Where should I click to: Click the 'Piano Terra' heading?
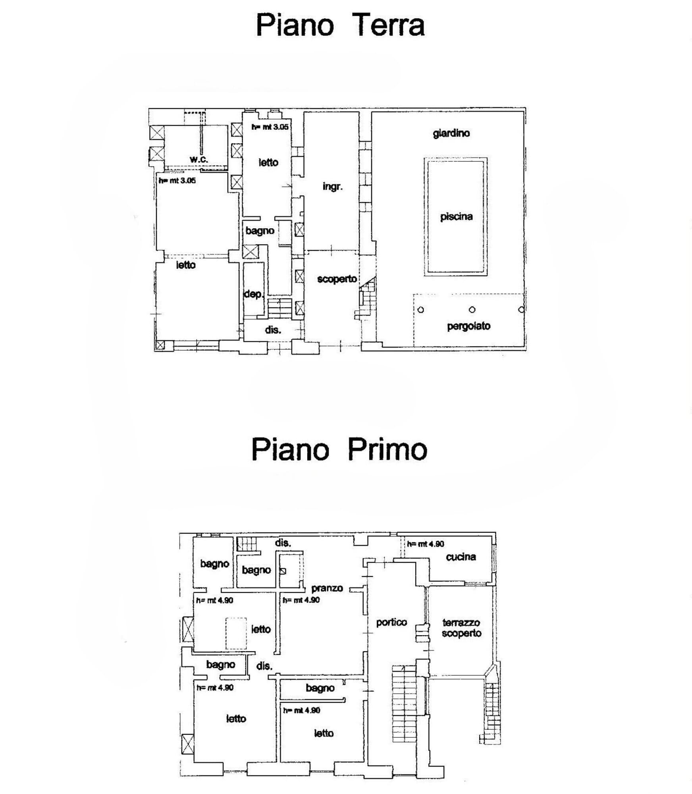(340, 25)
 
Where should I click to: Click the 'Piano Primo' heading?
(339, 449)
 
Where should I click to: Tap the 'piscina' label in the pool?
(456, 217)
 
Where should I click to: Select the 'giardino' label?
(451, 133)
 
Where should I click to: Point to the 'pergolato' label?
(468, 326)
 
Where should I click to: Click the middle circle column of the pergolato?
(472, 310)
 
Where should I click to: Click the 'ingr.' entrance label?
(332, 187)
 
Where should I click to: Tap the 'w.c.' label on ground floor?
(199, 159)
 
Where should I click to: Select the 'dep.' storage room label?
(253, 294)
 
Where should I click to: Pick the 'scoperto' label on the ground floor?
(337, 279)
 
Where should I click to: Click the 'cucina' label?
(461, 557)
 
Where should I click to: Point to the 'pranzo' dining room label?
(327, 588)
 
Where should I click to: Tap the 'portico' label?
(391, 622)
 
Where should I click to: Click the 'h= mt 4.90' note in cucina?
(425, 544)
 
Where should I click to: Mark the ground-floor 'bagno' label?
(260, 231)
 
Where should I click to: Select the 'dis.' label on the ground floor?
(273, 330)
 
